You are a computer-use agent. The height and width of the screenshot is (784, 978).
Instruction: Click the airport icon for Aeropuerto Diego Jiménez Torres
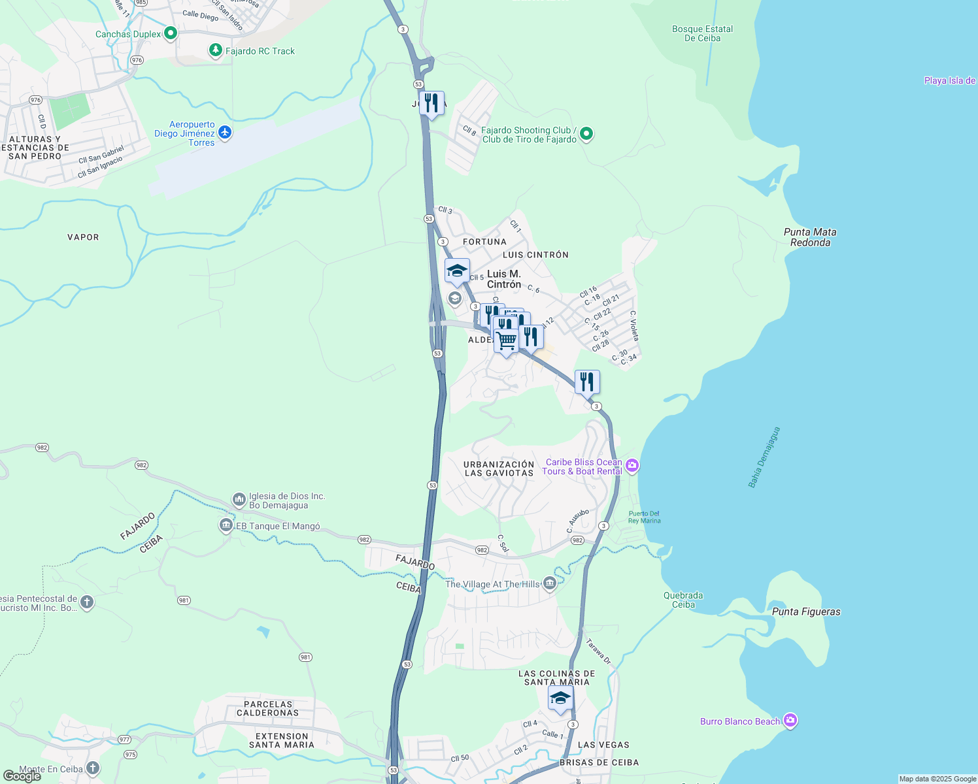click(x=225, y=133)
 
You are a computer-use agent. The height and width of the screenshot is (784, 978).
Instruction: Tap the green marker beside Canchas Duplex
click(x=171, y=33)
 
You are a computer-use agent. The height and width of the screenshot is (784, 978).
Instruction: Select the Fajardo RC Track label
click(x=260, y=51)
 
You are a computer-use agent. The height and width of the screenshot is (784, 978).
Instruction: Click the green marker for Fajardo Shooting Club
click(x=586, y=134)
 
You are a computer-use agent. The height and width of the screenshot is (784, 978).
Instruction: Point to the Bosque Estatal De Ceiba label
click(x=702, y=33)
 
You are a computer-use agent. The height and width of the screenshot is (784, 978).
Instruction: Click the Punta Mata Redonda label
click(x=810, y=237)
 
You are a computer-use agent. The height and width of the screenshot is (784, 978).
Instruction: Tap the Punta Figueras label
click(x=806, y=612)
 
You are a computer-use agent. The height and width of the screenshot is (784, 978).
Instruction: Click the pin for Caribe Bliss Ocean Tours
click(x=632, y=466)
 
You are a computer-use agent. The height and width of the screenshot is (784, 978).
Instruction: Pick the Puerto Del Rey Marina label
click(x=644, y=517)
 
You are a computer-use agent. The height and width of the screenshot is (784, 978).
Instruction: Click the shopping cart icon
click(x=506, y=340)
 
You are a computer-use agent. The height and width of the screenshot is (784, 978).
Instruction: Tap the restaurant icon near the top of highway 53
click(x=431, y=103)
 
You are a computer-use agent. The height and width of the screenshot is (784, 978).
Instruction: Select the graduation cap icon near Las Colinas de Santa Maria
click(x=560, y=698)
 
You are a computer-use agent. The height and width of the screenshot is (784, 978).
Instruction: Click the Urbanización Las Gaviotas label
click(x=499, y=468)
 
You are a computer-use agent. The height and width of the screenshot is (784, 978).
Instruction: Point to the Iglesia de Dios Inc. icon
click(x=239, y=500)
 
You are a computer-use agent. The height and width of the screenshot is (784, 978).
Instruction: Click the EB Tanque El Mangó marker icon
click(x=226, y=525)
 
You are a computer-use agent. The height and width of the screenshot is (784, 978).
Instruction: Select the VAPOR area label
click(x=83, y=237)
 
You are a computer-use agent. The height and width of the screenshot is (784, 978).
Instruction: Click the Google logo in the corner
click(x=22, y=776)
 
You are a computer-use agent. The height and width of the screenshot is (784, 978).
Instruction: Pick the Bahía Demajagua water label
click(x=764, y=457)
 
